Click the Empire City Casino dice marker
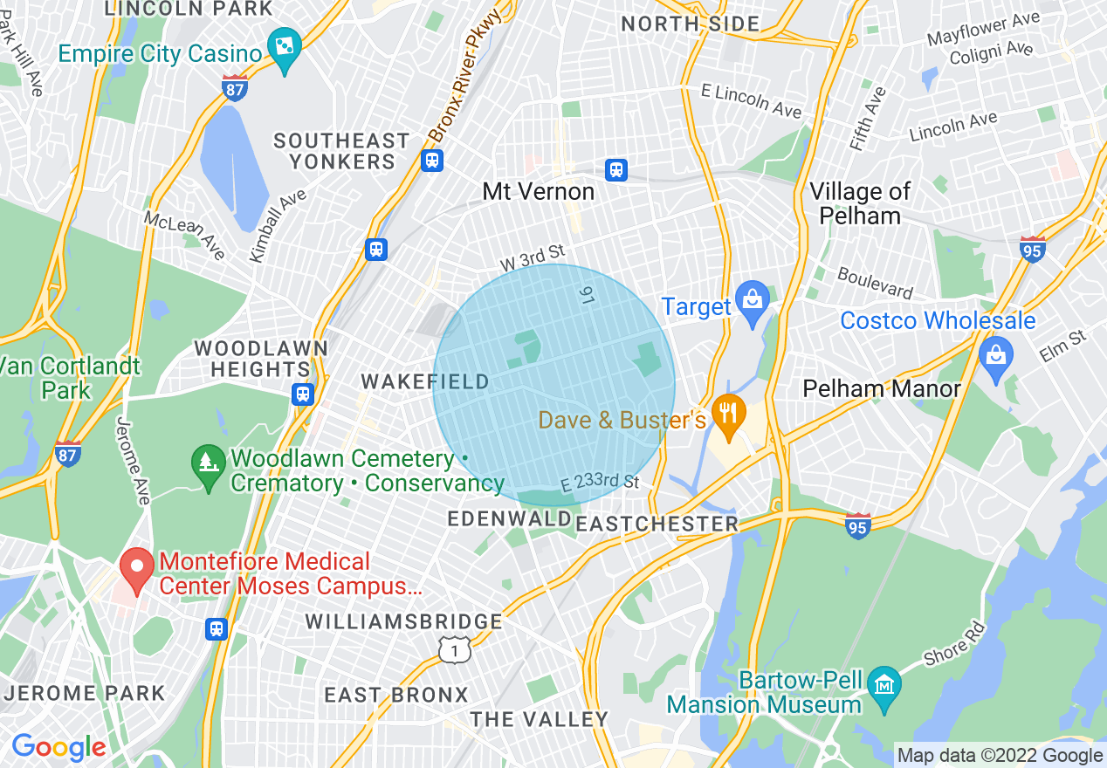tap(285, 47)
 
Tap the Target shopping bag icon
tap(751, 300)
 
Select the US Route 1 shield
tap(455, 649)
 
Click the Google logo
tap(58, 747)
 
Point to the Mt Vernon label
tap(539, 192)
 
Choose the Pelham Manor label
tap(882, 388)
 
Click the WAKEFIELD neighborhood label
tap(425, 381)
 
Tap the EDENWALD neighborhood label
tap(510, 519)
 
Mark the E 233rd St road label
tap(601, 483)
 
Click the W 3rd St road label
tap(532, 258)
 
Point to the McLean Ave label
tap(185, 235)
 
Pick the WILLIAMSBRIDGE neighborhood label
tap(403, 621)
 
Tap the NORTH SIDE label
tap(690, 24)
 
